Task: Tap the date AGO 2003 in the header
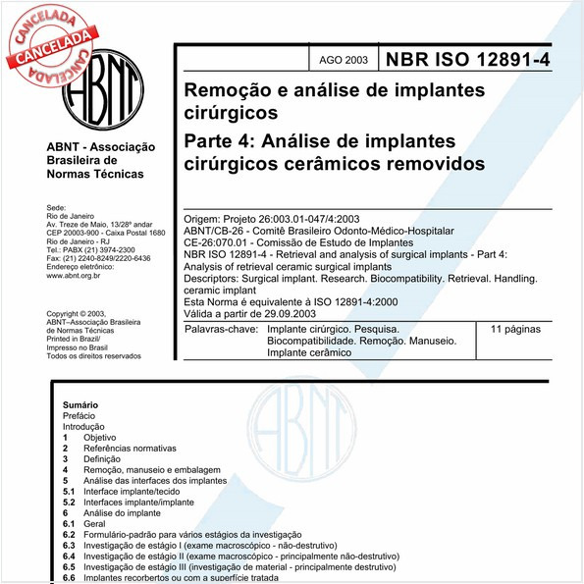pyautogui.click(x=344, y=60)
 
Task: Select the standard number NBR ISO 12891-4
pyautogui.click(x=468, y=59)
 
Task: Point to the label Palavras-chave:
pyautogui.click(x=224, y=331)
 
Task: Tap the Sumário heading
pyautogui.click(x=80, y=404)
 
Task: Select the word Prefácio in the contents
pyautogui.click(x=80, y=416)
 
